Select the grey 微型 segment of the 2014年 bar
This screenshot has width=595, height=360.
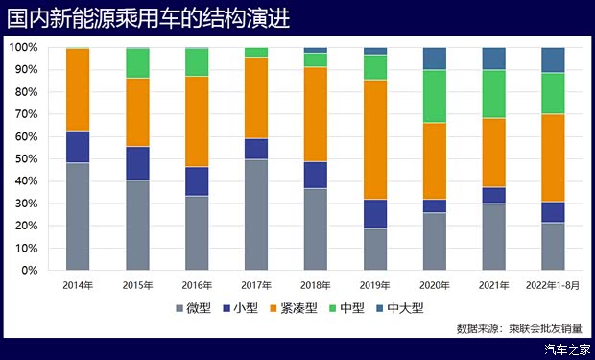coord(78,216)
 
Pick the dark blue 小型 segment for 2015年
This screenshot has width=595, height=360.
coord(137,163)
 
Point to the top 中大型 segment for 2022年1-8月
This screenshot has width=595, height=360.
coord(553,60)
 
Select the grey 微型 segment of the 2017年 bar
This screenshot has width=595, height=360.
coord(256,214)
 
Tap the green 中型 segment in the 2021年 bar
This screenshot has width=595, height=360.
coord(493,94)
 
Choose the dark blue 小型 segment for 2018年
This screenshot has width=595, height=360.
coord(316,175)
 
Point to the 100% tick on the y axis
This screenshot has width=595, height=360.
coord(23,47)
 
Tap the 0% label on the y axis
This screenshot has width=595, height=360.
coord(28,270)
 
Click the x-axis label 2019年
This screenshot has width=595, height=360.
coord(375,285)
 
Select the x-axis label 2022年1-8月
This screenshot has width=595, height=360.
coord(553,285)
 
